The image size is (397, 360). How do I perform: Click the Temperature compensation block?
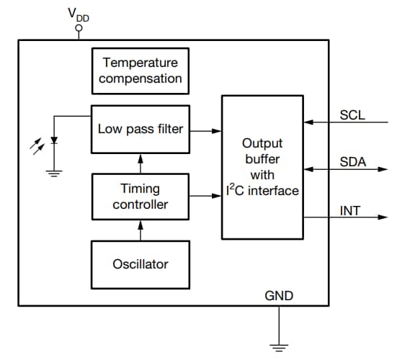point(140,71)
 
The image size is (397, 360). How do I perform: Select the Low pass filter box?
point(140,130)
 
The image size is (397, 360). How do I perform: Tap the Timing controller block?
point(140,196)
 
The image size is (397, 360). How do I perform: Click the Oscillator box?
point(140,264)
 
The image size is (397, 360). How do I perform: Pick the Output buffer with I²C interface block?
point(262,166)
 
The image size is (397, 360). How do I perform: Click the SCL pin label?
point(352,114)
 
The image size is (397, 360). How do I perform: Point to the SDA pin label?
point(352,163)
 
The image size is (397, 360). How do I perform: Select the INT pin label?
point(350,211)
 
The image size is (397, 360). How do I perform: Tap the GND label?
point(279,296)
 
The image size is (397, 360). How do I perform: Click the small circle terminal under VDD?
point(79,29)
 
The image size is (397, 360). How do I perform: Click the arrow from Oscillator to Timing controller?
point(140,231)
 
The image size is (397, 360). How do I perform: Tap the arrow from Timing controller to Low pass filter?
point(140,162)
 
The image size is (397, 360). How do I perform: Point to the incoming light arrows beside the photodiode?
point(36,145)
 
